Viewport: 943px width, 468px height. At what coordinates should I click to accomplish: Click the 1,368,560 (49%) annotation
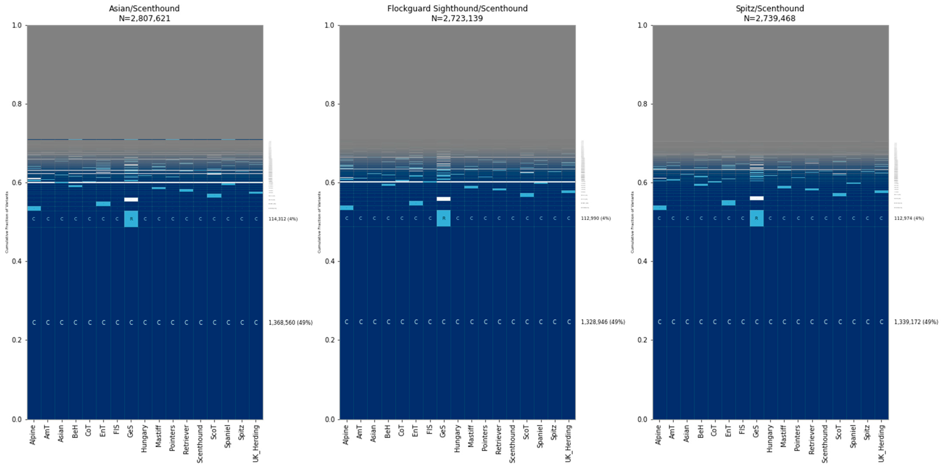click(x=290, y=323)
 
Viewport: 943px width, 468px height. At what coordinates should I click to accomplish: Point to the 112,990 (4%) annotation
click(x=596, y=218)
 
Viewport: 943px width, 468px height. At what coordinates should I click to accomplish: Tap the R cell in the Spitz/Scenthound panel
click(x=756, y=218)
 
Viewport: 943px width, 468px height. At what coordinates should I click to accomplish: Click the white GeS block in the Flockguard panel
click(x=444, y=199)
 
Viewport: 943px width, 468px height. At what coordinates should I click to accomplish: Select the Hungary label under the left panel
click(x=145, y=438)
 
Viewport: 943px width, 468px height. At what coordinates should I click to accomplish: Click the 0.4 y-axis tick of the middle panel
click(x=330, y=261)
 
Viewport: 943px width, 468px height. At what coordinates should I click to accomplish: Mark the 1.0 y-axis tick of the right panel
click(x=643, y=25)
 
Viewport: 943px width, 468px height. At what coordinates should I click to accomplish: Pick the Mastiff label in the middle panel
click(x=471, y=436)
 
